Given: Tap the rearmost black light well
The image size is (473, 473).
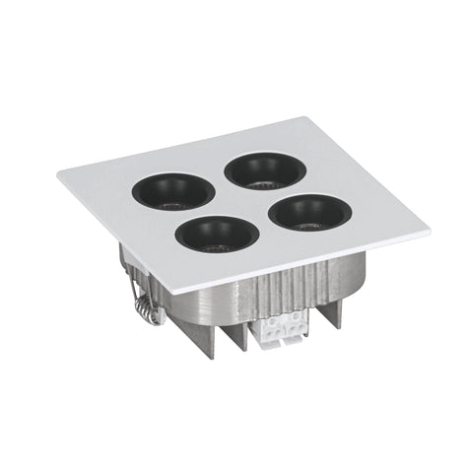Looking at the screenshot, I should tap(263, 169).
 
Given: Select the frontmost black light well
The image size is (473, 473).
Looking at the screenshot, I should tap(217, 233).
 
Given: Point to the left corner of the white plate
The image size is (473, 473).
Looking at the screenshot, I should tap(59, 175).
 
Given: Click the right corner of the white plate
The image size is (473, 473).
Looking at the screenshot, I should tap(428, 232).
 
